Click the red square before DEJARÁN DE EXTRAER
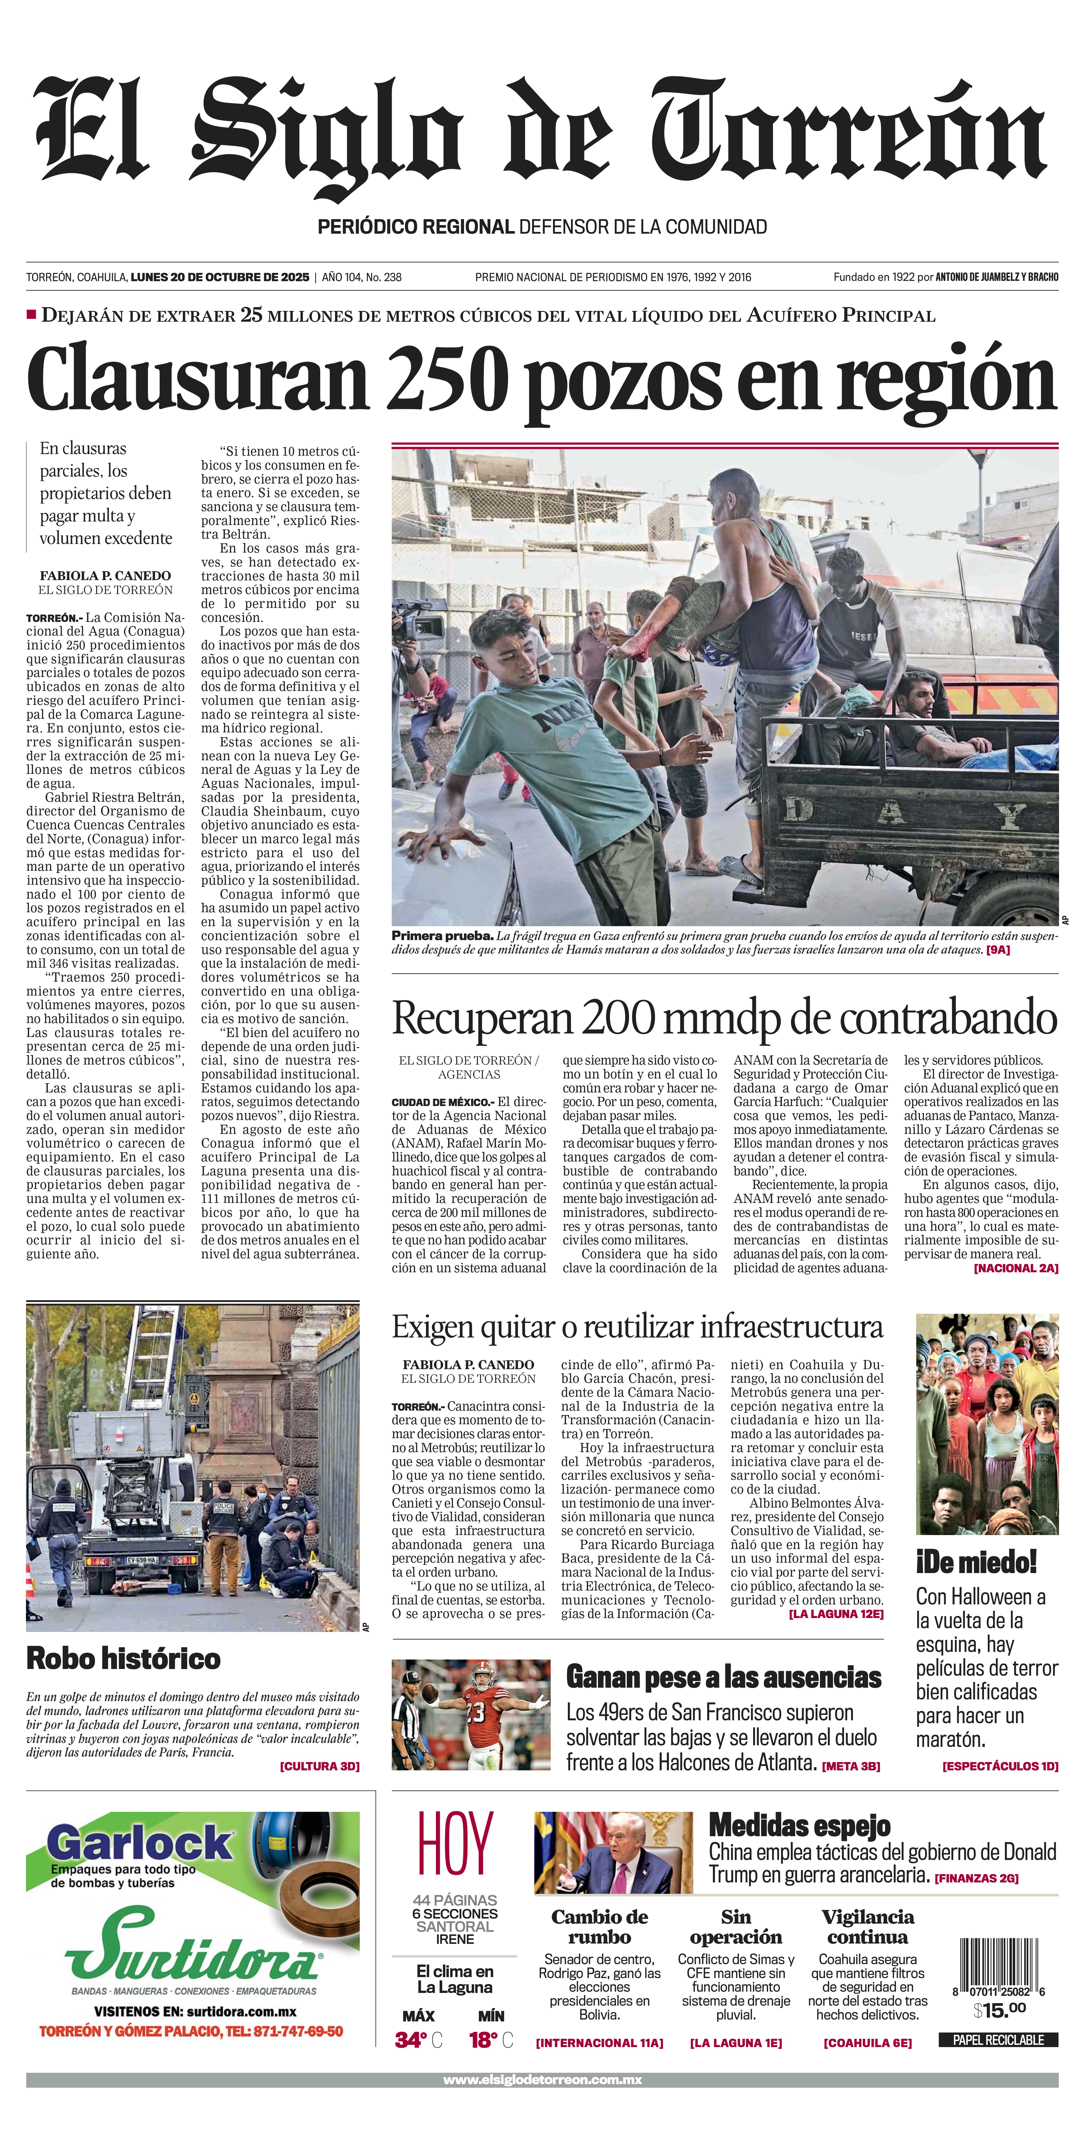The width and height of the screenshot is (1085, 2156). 32,315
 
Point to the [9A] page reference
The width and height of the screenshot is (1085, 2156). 998,950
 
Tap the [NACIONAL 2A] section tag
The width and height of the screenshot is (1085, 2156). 1016,1268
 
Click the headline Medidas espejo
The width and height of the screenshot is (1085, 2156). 800,1824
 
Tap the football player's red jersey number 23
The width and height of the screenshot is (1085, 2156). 476,1711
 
